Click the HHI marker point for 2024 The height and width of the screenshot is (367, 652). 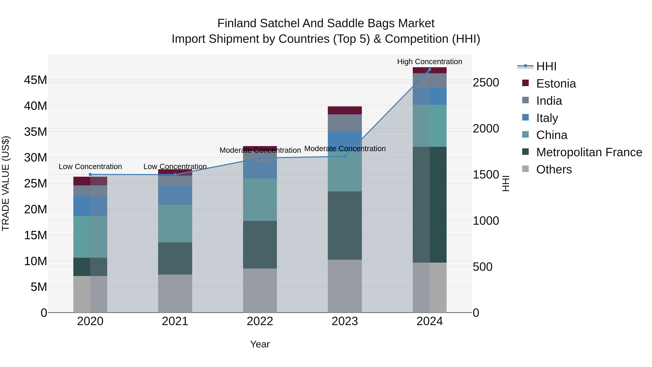(430, 69)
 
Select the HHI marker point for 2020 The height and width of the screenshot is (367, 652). (90, 175)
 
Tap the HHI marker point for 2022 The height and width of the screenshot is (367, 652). (260, 158)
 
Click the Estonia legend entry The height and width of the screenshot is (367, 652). (556, 84)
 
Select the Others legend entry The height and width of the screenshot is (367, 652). (554, 169)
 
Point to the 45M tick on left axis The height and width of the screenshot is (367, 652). (35, 80)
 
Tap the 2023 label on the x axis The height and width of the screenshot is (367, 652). (345, 321)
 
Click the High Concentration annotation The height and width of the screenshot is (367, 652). (430, 62)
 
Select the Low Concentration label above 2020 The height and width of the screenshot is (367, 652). (90, 167)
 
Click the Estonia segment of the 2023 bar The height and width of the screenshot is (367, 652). (345, 110)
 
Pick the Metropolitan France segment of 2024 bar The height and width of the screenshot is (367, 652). (430, 205)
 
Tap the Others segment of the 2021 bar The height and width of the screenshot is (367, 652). (175, 294)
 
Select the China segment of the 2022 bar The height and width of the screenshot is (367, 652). (260, 200)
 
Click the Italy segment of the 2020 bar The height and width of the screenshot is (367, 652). (90, 206)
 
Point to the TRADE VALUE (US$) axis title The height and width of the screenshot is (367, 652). (6, 183)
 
